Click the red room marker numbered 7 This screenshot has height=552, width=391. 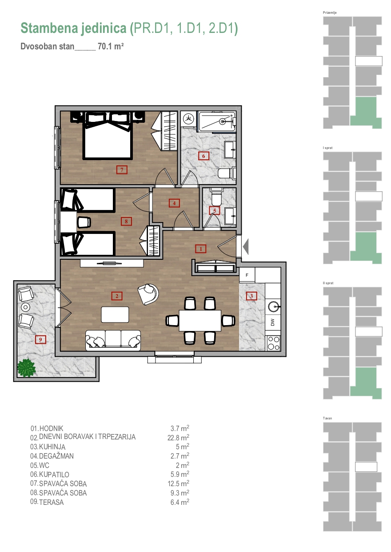[x=122, y=170]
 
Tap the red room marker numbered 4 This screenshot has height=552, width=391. [x=174, y=203]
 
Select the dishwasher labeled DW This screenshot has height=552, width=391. [x=272, y=322]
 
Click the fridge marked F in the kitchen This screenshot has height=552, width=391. [x=247, y=275]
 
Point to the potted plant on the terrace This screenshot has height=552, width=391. [x=26, y=368]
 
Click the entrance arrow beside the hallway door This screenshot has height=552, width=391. [x=246, y=247]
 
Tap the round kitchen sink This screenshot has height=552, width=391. [x=273, y=307]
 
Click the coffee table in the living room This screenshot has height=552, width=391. [x=115, y=314]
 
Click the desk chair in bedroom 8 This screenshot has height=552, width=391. [x=84, y=222]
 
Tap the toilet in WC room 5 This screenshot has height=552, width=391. [x=216, y=197]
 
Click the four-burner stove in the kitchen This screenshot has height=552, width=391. [x=273, y=343]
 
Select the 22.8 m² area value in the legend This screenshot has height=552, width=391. [x=178, y=438]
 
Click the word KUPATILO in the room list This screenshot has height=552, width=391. [x=54, y=474]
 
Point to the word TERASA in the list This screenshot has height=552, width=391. [x=51, y=502]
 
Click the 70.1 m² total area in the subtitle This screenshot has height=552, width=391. [x=111, y=46]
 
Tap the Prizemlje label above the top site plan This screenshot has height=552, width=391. [x=329, y=12]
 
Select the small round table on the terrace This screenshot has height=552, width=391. [x=25, y=307]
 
